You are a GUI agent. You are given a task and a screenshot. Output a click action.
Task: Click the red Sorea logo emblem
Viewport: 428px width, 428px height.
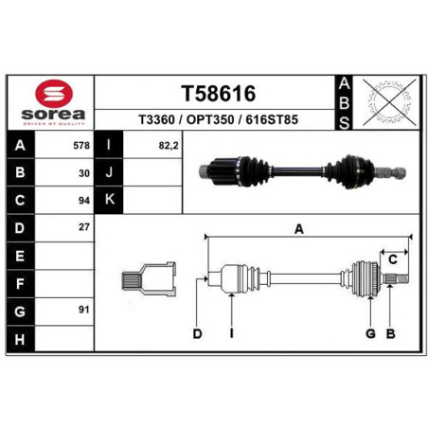(x=54, y=94)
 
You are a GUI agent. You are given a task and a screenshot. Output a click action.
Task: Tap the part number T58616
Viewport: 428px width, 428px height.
(x=218, y=94)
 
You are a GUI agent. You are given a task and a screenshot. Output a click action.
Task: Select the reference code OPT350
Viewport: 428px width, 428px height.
(x=210, y=119)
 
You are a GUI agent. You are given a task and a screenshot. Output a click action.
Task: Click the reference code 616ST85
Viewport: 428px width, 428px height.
(x=272, y=119)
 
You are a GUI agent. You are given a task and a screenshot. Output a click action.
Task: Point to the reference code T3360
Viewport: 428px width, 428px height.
(x=156, y=119)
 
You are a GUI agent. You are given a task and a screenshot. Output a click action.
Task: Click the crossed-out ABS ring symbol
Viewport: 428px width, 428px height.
(x=389, y=102)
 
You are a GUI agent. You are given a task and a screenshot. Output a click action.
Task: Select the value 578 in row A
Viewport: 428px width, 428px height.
(x=81, y=146)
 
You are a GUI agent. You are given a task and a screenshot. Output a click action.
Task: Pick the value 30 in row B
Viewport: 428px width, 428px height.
(x=84, y=173)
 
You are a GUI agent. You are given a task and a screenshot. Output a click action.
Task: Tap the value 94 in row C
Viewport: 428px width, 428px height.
(x=84, y=201)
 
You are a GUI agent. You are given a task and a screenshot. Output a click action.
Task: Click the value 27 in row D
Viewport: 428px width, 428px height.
(x=84, y=227)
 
